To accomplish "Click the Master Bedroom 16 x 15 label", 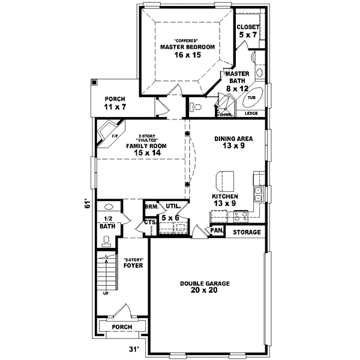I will point(180,50).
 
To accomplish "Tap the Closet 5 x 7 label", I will point(247,32).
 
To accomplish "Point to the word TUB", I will point(251,97).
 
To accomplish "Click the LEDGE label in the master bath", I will point(251,113).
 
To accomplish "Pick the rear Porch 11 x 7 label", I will point(115,103).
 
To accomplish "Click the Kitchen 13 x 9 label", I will point(224,200).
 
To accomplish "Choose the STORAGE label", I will point(247,232).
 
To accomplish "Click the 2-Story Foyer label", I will point(132,263).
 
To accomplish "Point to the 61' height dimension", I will point(87,204).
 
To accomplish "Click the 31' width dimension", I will point(135,348).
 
